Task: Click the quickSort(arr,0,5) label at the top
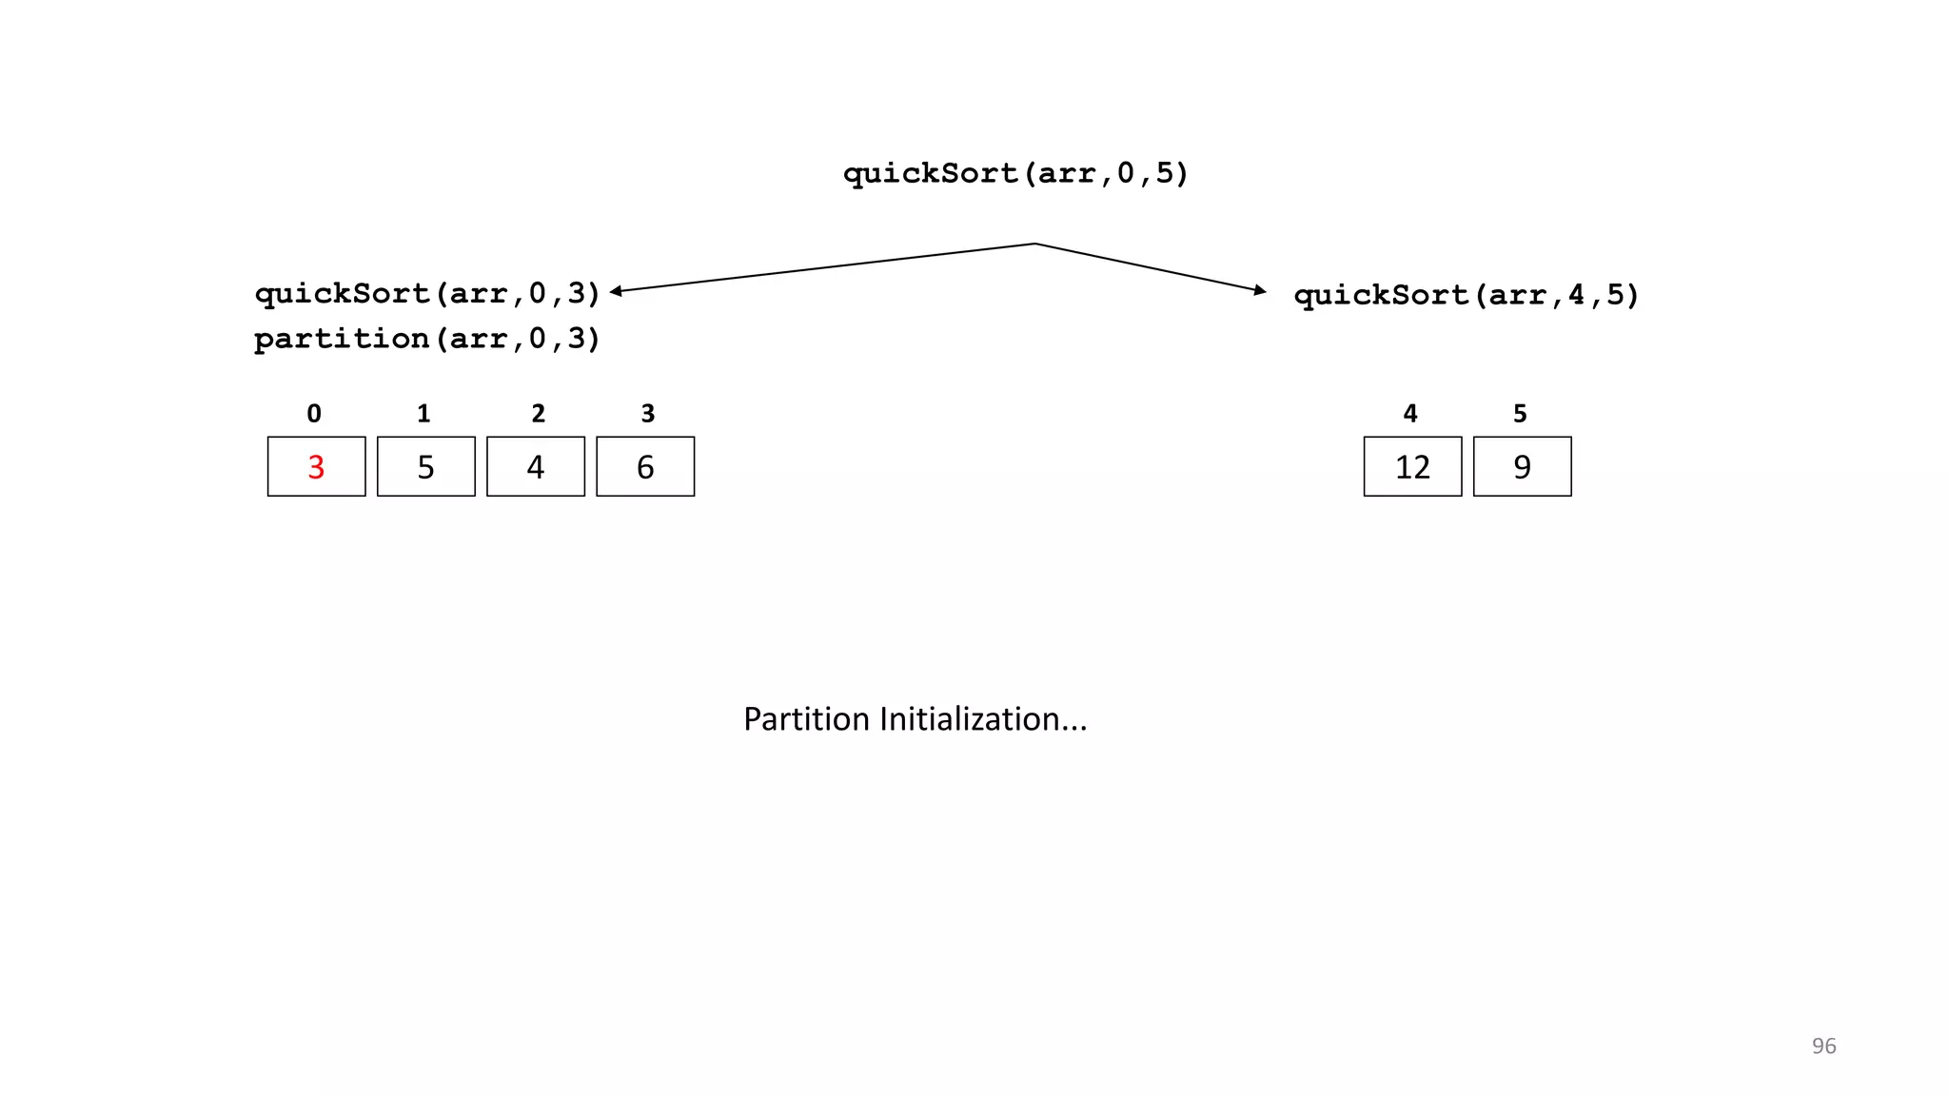(x=1015, y=173)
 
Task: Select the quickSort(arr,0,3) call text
(x=427, y=293)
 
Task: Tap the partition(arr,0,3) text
(x=427, y=339)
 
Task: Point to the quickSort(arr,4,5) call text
(x=1467, y=295)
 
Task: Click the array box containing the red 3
(x=316, y=466)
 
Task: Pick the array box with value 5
(x=425, y=466)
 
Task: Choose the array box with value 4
(x=536, y=466)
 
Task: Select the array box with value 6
(x=645, y=466)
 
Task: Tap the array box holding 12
(x=1412, y=466)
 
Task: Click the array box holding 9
(x=1522, y=466)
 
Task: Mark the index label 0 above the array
(x=314, y=414)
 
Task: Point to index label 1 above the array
(x=423, y=414)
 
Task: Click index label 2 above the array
(x=538, y=414)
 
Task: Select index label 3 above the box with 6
(x=647, y=414)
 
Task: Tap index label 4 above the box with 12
(x=1410, y=414)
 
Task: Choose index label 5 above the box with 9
(x=1520, y=414)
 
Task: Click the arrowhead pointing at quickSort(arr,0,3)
(x=616, y=291)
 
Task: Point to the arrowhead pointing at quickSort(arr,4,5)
(x=1261, y=290)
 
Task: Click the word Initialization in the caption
(x=982, y=719)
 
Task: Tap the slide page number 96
(x=1823, y=1047)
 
